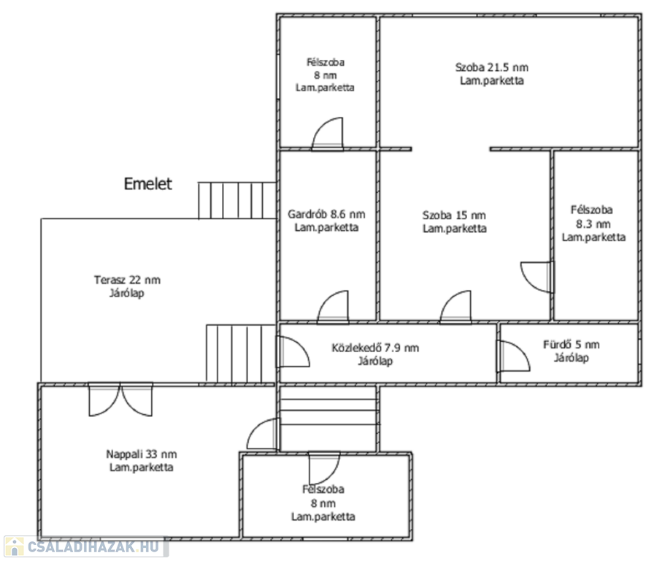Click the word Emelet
(147, 183)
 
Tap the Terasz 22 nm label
(127, 280)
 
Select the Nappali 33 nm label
(142, 454)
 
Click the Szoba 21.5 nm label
(492, 67)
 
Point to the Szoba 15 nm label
(454, 215)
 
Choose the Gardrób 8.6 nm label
(326, 214)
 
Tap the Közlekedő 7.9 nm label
(375, 348)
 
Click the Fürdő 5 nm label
(572, 344)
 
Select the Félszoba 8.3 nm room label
(593, 224)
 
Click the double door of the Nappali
(120, 400)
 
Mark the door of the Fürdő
(513, 356)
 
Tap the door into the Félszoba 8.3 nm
(537, 277)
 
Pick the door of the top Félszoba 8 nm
(328, 134)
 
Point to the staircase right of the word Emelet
(237, 200)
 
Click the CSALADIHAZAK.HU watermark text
(93, 546)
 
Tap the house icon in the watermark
(14, 547)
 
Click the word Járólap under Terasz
(127, 293)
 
